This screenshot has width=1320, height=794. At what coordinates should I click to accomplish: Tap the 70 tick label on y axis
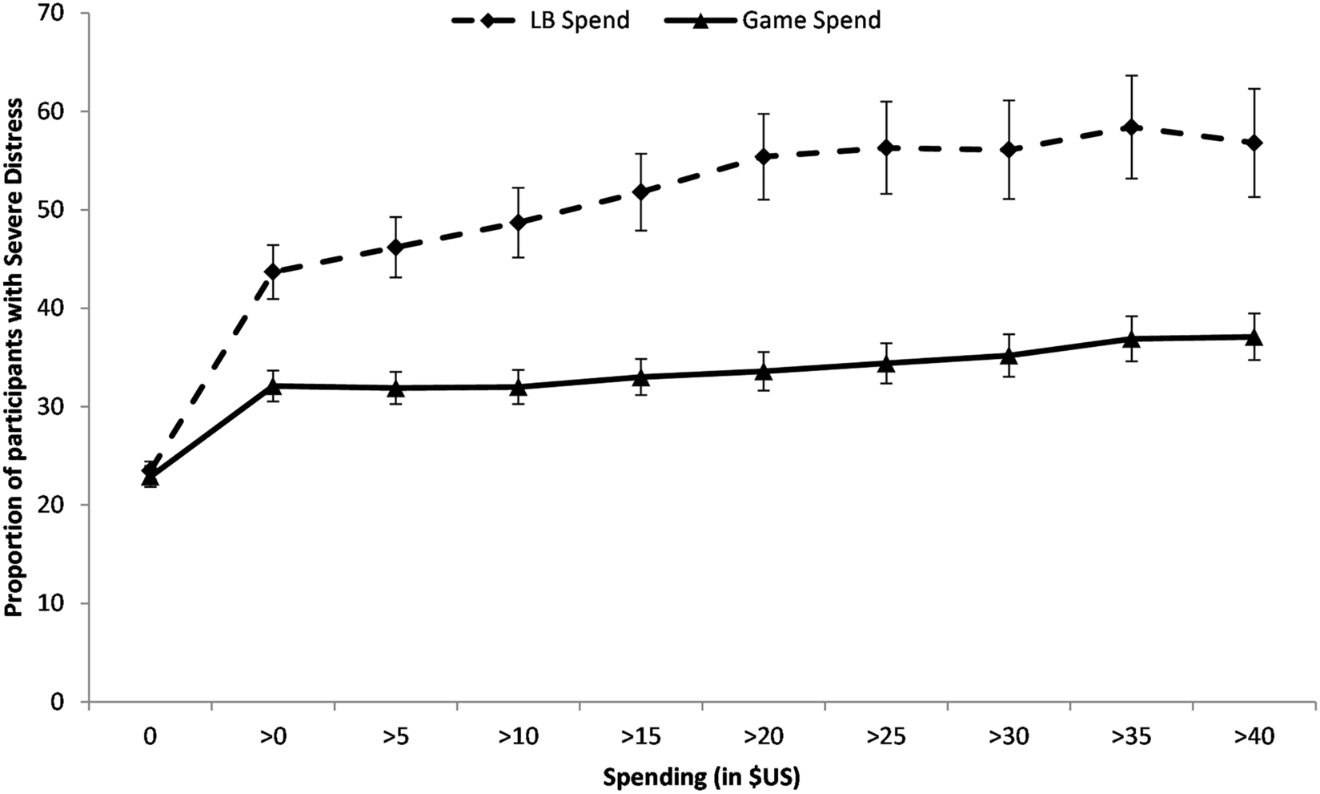60,14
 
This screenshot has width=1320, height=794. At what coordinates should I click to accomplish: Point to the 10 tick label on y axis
60,603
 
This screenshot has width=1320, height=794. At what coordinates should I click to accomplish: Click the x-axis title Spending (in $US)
702,776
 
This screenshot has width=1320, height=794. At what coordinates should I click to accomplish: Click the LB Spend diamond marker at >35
1131,127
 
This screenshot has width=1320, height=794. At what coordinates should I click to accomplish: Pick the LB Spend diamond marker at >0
272,272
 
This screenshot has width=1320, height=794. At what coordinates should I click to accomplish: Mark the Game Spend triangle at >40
1254,337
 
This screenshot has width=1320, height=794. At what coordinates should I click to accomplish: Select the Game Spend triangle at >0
272,386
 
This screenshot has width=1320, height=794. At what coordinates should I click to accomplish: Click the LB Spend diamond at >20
763,157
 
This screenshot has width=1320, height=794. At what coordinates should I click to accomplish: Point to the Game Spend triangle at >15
640,377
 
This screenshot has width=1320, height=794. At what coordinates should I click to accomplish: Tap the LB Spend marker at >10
518,222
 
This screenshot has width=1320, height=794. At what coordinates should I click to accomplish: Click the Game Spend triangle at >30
1009,355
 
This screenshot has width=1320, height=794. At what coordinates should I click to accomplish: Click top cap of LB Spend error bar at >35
1131,76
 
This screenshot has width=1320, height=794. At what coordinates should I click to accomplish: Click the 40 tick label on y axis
60,308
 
